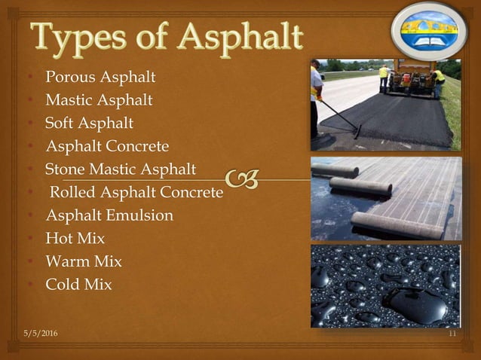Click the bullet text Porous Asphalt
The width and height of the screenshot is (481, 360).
point(100,77)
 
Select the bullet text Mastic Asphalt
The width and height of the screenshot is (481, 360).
point(99,99)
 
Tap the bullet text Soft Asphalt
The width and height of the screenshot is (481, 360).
point(89,123)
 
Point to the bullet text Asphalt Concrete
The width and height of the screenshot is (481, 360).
point(107,146)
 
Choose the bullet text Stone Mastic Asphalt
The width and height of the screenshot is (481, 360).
point(121,169)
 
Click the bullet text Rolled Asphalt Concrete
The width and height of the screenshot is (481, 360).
point(136,192)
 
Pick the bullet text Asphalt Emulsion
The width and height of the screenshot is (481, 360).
point(109,215)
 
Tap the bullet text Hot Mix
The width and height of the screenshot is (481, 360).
point(75,239)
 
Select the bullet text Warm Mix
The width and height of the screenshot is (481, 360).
point(84,262)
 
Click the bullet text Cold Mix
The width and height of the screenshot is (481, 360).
point(78,285)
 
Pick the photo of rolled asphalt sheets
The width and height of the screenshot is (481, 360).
point(385,198)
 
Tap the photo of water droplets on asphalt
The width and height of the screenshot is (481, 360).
point(385,285)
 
